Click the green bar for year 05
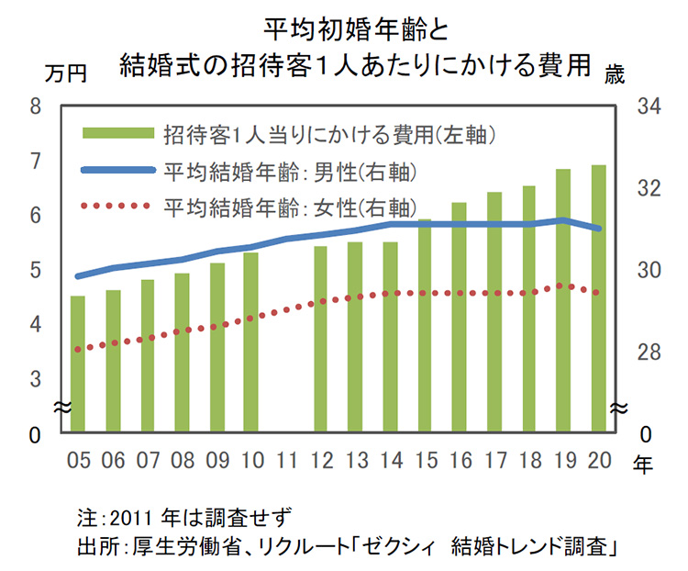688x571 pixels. coord(78,364)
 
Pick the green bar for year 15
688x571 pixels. coord(424,326)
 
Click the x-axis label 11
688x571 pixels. coord(286,459)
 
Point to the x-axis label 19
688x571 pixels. coord(563,459)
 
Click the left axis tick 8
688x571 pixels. coord(36,106)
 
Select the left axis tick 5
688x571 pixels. coord(36,271)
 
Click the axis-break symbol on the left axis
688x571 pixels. coord(57,406)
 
